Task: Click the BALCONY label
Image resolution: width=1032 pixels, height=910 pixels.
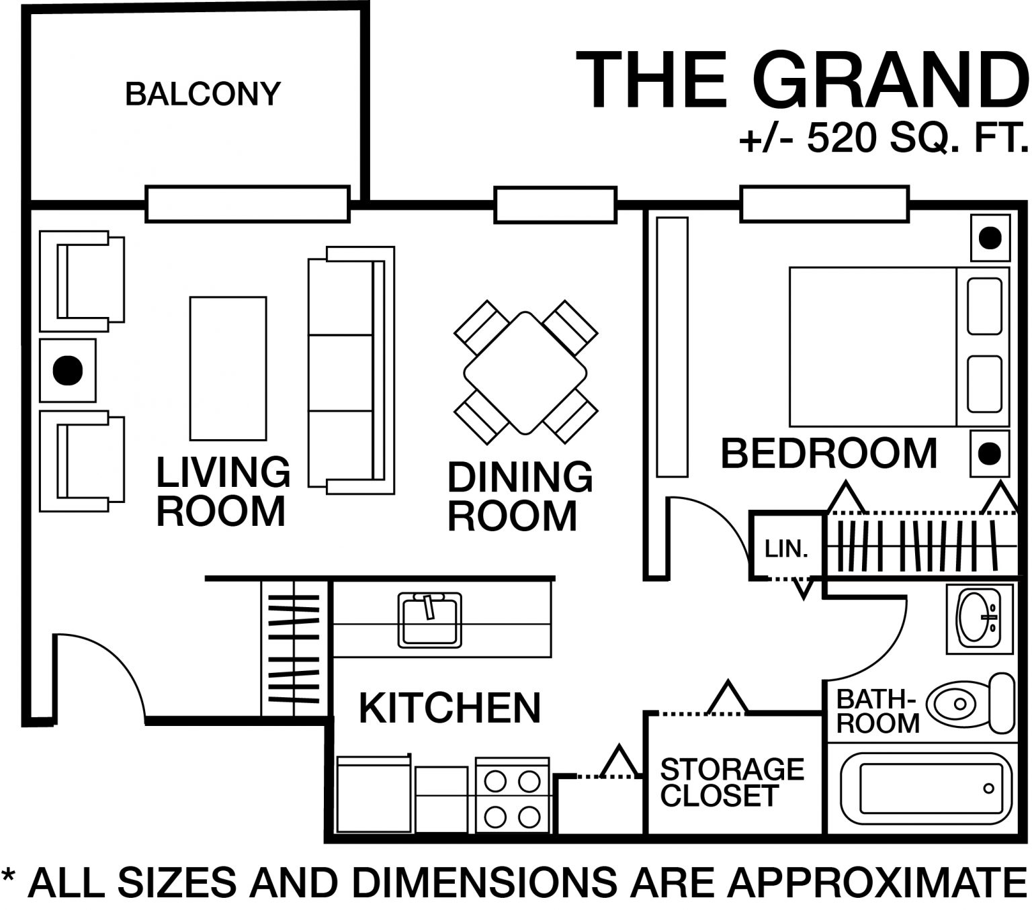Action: (202, 93)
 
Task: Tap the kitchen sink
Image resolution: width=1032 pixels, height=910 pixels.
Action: (430, 619)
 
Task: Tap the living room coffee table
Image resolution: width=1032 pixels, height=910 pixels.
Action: (228, 368)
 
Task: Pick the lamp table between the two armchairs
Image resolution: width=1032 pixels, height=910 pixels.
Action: (67, 370)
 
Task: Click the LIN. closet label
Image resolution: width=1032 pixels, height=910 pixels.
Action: (785, 549)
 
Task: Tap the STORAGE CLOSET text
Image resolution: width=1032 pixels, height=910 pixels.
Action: (732, 782)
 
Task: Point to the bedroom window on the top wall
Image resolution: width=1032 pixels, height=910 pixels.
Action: (824, 204)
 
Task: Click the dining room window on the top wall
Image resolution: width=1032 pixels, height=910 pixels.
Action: (555, 205)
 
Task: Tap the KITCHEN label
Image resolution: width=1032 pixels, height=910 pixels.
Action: (449, 708)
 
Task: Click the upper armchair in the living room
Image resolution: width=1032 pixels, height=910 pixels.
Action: (82, 281)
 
